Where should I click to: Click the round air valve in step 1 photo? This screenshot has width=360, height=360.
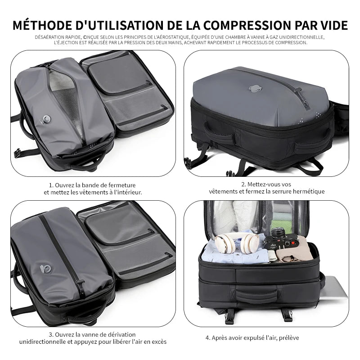coord(46,119)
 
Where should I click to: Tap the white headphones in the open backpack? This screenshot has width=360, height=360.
coord(237,243)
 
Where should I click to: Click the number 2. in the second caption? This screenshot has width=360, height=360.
coord(243,184)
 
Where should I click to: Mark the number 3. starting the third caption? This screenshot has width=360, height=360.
coord(51,334)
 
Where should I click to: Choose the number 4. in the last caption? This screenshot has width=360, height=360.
coord(208,337)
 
